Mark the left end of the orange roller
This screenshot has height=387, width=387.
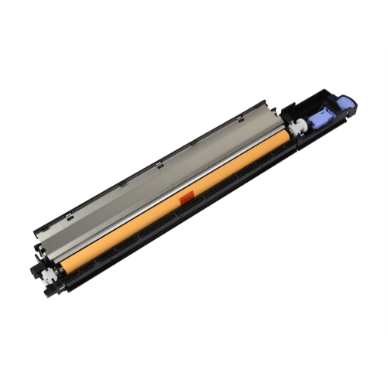(x=62, y=269)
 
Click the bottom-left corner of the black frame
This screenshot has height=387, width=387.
(x=48, y=296)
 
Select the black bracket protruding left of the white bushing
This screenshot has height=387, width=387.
(x=35, y=271)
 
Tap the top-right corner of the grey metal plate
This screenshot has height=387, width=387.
(x=267, y=102)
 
